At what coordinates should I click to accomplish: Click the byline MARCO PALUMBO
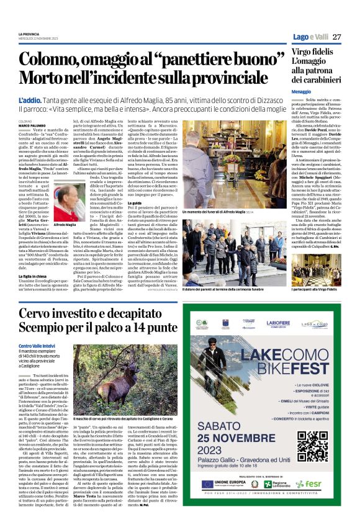[x=32, y=125]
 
